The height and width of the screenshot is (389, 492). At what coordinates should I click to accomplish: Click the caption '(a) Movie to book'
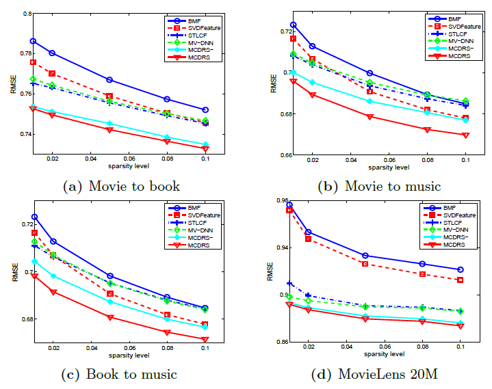(121, 185)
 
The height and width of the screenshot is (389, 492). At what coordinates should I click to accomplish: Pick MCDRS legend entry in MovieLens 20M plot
(454, 244)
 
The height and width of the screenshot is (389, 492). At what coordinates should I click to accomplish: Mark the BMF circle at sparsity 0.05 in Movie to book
(109, 80)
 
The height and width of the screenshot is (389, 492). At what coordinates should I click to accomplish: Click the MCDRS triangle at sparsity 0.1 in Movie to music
(465, 135)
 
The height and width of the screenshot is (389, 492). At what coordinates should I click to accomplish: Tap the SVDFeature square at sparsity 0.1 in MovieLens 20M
(460, 280)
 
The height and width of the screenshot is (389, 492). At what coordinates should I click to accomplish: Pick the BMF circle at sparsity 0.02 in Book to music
(53, 241)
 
